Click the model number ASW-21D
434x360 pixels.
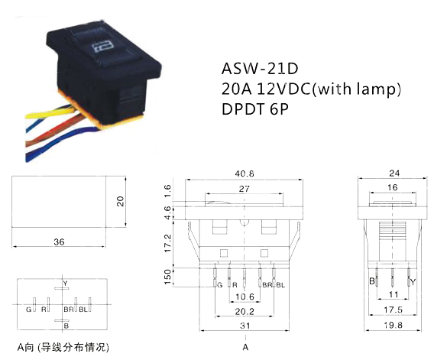[x=260, y=69]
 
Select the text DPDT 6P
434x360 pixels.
[x=255, y=109]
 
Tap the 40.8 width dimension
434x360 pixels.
[x=245, y=174]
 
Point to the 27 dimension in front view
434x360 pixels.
[x=245, y=189]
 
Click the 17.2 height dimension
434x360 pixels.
[x=168, y=243]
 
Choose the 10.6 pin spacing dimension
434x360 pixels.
[x=245, y=297]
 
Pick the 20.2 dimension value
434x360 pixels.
[x=245, y=312]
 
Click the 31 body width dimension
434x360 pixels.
[x=245, y=326]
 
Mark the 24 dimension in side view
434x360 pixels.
[x=394, y=174]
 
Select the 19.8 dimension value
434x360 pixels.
[x=393, y=325]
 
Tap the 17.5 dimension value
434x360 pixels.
[x=393, y=310]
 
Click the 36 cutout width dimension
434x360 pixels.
[x=59, y=242]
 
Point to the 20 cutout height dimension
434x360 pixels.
[x=120, y=201]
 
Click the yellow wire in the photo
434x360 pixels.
[x=50, y=114]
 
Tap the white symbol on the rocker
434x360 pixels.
[x=102, y=47]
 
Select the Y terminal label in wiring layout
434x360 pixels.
[x=65, y=284]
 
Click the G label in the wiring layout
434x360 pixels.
[x=28, y=310]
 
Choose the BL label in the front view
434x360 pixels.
[x=280, y=285]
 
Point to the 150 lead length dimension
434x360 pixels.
[x=168, y=277]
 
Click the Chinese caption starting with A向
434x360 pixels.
[x=63, y=347]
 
